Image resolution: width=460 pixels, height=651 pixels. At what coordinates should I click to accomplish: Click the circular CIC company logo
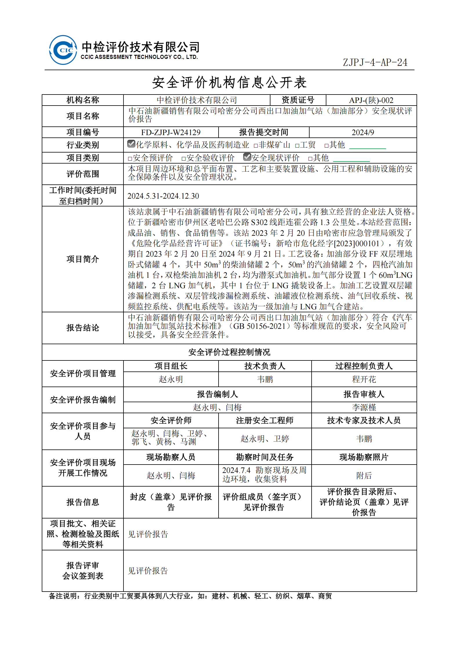pos(63,50)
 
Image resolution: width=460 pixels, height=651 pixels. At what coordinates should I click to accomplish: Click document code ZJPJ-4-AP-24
pos(375,62)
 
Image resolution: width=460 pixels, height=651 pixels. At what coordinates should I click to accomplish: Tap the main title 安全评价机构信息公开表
pos(229,82)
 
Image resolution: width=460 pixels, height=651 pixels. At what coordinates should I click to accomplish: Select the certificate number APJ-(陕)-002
pos(371,100)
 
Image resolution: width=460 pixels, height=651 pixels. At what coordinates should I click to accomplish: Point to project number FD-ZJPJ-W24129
pos(171,133)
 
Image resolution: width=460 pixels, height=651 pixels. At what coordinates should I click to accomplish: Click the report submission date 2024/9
pos(363,133)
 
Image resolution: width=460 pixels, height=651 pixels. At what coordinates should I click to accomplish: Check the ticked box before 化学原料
pos(131,144)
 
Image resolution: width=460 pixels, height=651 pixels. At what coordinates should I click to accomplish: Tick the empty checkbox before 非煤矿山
pos(256,146)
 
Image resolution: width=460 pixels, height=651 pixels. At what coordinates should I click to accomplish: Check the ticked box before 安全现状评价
pos(247,157)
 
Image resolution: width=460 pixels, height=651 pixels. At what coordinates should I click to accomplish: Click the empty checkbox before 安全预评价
pos(130,159)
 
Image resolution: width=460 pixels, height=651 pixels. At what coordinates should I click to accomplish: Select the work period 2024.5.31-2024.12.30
pos(163,196)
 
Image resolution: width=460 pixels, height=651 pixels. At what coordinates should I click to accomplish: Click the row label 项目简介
pos(83,259)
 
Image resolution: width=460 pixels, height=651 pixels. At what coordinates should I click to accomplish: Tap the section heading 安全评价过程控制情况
pos(229,352)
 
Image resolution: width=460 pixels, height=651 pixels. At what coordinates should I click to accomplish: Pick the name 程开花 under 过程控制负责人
pos(364,379)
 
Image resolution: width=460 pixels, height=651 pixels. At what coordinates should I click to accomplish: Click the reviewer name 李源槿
pos(364,407)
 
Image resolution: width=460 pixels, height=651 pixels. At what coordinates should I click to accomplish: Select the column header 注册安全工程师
pos(265,420)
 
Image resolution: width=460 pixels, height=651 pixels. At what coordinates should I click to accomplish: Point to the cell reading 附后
pos(364,476)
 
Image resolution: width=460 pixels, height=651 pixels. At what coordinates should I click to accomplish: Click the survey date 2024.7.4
pos(236,470)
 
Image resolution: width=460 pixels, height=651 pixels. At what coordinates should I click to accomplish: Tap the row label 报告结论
pos(83,328)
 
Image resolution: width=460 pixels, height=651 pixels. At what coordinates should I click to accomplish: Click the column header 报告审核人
pos(364,394)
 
